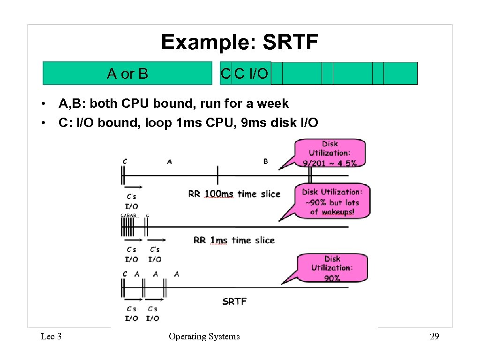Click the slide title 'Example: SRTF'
pos(240,42)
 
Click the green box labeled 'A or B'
pos(127,74)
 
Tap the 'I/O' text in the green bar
pos(258,74)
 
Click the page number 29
pos(434,336)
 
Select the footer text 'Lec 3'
pos(51,336)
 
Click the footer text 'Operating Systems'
pos(204,336)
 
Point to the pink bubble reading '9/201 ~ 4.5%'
pos(330,153)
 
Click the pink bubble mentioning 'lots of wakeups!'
pos(332,202)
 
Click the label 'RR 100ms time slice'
pos(234,194)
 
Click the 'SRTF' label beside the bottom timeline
pos(234,301)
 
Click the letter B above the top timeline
pos(265,162)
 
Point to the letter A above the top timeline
pos(169,162)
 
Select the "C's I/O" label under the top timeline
pos(132,201)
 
